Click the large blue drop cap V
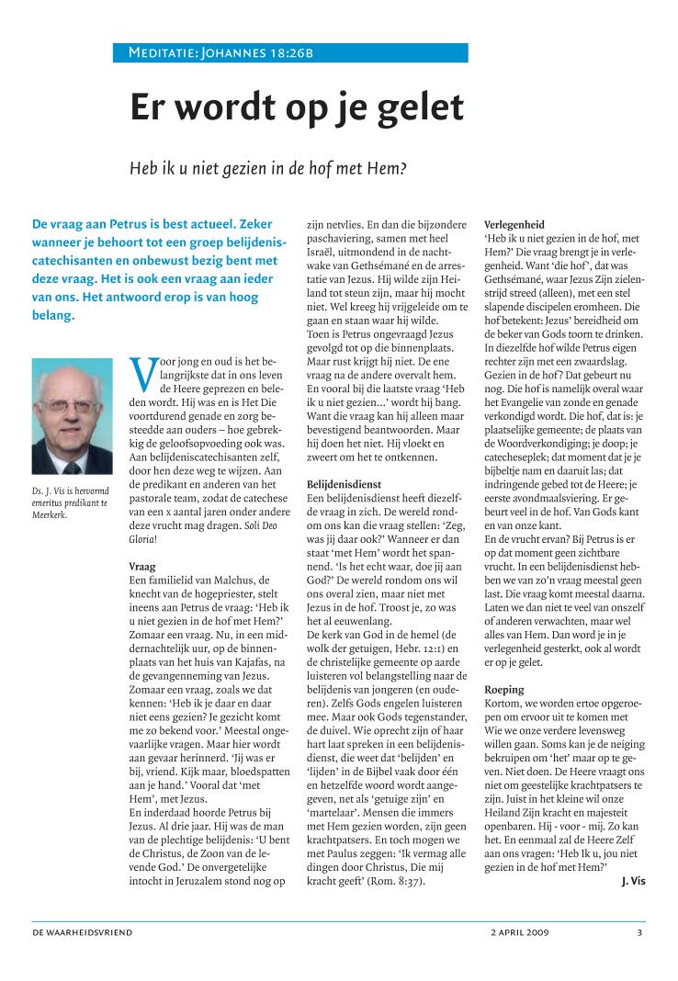[142, 373]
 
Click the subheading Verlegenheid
[514, 224]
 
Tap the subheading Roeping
[503, 689]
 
